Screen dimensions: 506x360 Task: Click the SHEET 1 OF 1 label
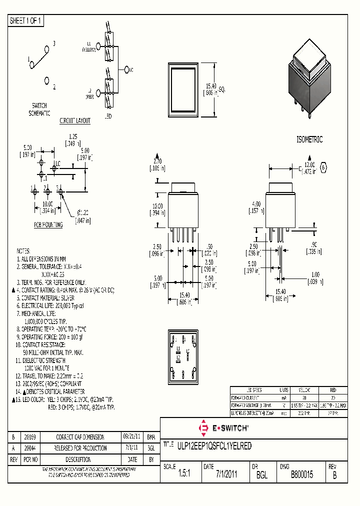[26, 21]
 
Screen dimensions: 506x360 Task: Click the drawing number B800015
[301, 475]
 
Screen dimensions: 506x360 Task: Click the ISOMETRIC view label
[309, 139]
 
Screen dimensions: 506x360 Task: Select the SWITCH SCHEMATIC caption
[39, 109]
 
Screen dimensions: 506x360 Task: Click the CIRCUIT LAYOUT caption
[75, 121]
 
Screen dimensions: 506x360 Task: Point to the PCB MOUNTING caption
[48, 225]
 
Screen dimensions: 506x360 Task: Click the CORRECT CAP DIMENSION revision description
[80, 436]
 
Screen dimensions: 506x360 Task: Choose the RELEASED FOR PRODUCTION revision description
[80, 448]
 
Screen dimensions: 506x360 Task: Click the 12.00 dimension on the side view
[310, 164]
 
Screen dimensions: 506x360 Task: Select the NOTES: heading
[23, 250]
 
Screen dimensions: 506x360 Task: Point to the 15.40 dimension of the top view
[210, 86]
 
